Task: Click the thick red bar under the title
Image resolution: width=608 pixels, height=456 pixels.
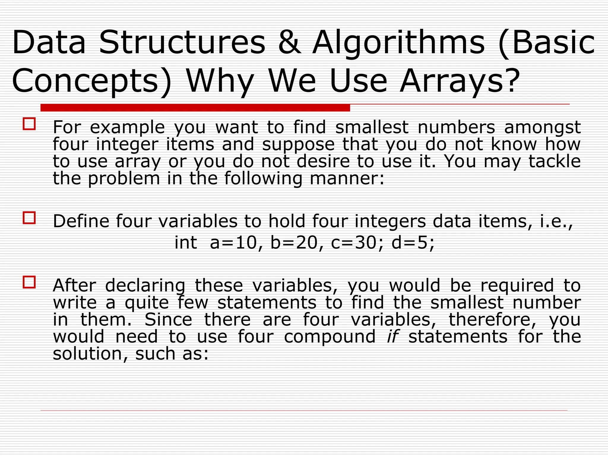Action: [195, 108]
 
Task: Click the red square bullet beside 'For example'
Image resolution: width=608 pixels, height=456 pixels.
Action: [29, 124]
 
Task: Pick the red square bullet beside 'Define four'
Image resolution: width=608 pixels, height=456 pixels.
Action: [29, 218]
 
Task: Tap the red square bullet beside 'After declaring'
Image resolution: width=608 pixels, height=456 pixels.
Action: [29, 282]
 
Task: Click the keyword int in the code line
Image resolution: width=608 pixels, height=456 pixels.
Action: [186, 243]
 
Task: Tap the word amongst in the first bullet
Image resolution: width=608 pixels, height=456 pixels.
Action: [542, 128]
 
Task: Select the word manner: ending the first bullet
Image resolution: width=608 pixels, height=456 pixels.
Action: [347, 179]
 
